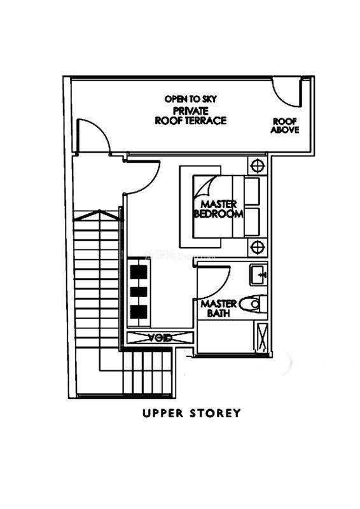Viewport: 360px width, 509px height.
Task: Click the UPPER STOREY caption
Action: pos(191,413)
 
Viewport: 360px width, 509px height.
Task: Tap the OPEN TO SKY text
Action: pos(191,99)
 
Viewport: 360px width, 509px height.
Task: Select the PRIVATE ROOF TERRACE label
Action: pos(191,116)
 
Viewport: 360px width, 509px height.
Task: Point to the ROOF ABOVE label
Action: pos(285,125)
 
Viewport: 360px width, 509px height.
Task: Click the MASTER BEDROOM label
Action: pos(218,209)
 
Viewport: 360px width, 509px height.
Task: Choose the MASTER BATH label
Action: pos(218,309)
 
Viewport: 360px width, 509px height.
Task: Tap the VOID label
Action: pos(160,338)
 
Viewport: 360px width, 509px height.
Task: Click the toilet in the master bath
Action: pos(253,304)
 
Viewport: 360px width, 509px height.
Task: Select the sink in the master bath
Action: pos(258,275)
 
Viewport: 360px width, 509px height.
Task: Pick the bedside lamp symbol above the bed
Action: pos(258,166)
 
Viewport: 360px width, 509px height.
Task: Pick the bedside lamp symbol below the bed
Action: pos(258,248)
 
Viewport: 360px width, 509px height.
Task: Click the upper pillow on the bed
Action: pos(252,191)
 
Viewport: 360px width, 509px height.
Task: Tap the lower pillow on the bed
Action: pos(252,222)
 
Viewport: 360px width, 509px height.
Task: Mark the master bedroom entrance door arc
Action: pos(150,185)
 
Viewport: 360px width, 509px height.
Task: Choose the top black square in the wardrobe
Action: pos(139,272)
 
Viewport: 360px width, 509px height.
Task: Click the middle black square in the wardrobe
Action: pos(139,291)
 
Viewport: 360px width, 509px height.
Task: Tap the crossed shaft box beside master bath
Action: pos(262,338)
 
